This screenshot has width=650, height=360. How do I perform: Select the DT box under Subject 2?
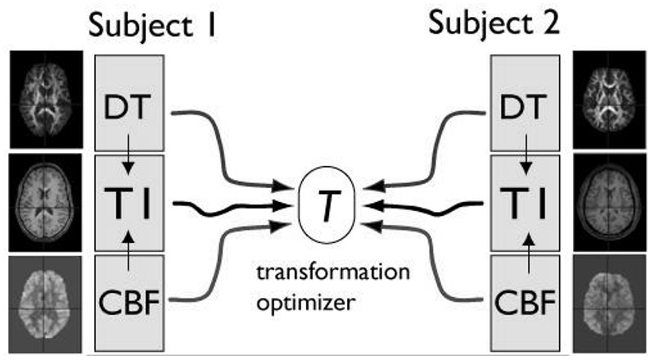click(524, 105)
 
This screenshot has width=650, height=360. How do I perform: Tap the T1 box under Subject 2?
click(524, 201)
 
